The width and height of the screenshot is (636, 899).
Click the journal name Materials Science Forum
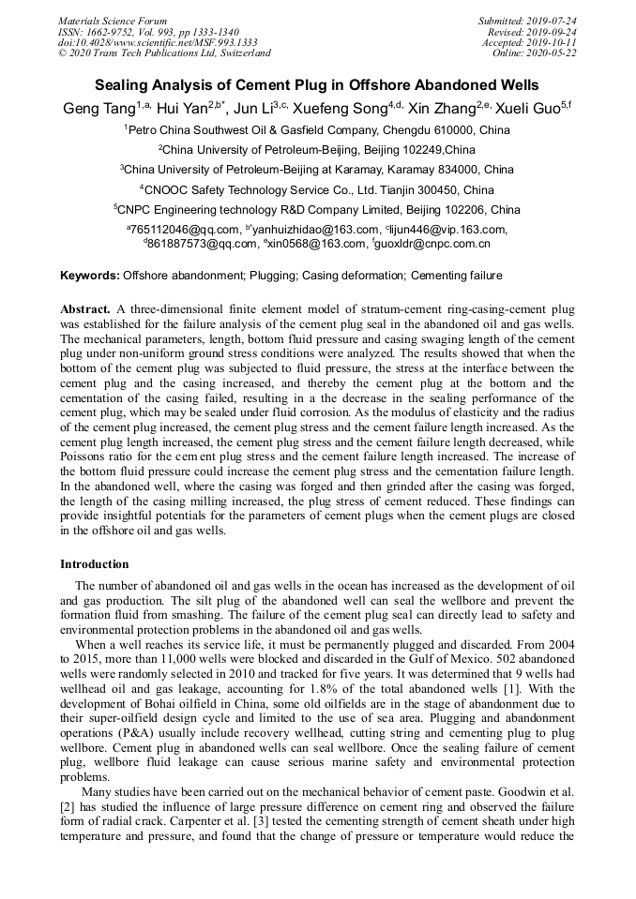point(113,21)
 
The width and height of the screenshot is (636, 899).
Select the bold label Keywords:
point(90,276)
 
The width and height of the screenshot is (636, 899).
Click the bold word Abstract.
point(85,308)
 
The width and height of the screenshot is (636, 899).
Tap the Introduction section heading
point(95,564)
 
